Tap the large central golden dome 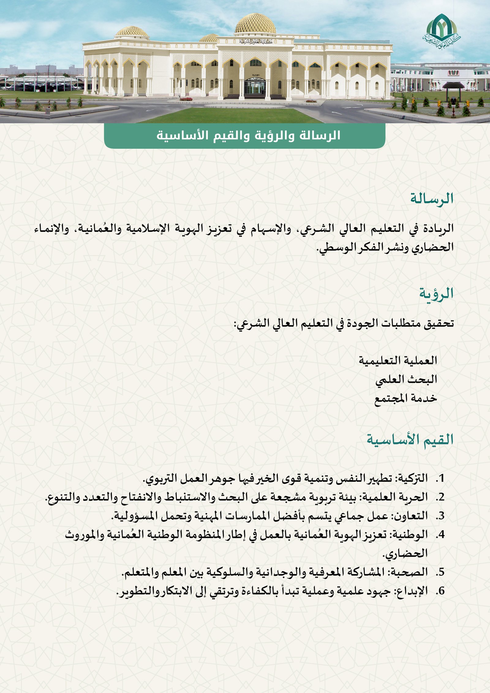click(x=255, y=24)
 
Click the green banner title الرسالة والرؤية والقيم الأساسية click(x=248, y=135)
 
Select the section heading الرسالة click(x=432, y=199)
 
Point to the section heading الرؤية click(x=436, y=294)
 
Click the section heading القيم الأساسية click(x=410, y=440)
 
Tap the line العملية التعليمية click(x=398, y=360)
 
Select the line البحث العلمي click(x=406, y=379)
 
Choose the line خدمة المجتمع click(x=405, y=398)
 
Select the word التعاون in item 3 click(x=410, y=516)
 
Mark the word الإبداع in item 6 click(x=412, y=591)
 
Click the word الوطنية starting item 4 click(x=410, y=535)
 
